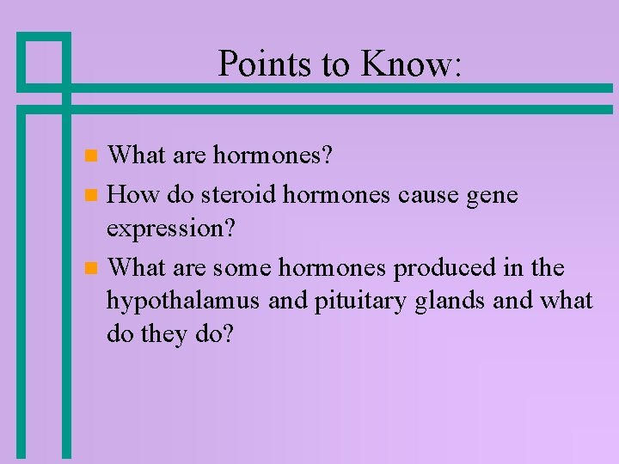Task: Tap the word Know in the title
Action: pyautogui.click(x=403, y=64)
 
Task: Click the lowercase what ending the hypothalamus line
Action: pyautogui.click(x=566, y=301)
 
